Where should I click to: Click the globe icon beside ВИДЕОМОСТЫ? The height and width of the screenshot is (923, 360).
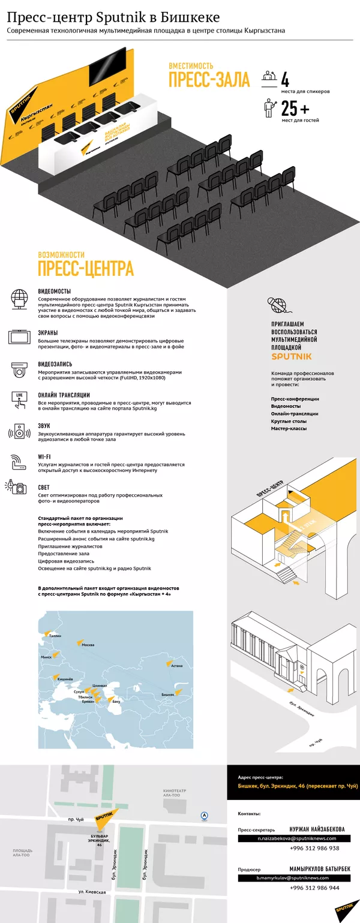click(19, 298)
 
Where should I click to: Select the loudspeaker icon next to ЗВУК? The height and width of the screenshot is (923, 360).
click(19, 431)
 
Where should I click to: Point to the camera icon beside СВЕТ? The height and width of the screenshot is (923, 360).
click(19, 488)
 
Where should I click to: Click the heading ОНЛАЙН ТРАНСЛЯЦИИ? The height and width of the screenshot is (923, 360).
click(64, 395)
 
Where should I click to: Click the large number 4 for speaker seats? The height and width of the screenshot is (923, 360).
click(286, 80)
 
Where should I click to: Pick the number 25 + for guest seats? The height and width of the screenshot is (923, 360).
click(295, 109)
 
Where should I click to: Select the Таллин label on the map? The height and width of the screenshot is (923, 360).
click(55, 635)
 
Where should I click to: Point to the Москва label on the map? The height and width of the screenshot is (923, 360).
click(88, 645)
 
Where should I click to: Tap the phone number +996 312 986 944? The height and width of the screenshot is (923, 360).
click(314, 888)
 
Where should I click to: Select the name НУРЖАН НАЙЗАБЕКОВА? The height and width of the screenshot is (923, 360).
click(317, 829)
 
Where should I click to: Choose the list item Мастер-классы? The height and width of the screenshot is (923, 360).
click(289, 428)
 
